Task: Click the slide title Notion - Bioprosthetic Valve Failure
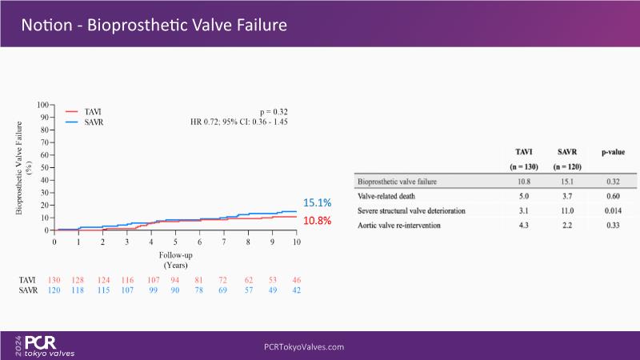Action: (154, 25)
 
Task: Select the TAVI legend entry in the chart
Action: (94, 112)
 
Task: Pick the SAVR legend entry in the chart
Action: (94, 122)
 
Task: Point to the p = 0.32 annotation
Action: (274, 112)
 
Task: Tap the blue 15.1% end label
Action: (317, 203)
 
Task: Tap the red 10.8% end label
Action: (317, 220)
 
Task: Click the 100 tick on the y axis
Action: (44, 105)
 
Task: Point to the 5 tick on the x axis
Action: (175, 241)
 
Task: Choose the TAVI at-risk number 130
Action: (54, 281)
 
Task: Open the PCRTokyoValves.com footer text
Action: (304, 347)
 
